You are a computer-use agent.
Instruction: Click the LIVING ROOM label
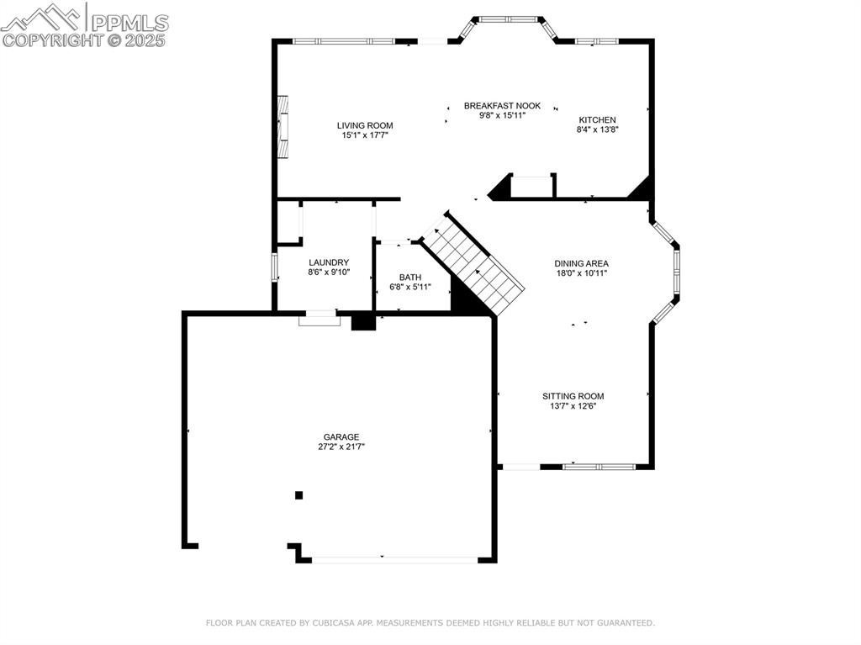(x=365, y=125)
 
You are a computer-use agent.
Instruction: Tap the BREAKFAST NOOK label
(x=502, y=106)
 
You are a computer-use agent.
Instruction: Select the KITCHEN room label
(x=597, y=120)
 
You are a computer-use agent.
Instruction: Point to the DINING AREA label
(x=581, y=263)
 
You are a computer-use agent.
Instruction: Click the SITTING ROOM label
(x=573, y=396)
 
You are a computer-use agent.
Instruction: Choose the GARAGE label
(x=341, y=436)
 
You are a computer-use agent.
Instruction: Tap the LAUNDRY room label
(x=329, y=262)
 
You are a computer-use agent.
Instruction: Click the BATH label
(x=410, y=277)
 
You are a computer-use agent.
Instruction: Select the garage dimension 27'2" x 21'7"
(x=341, y=447)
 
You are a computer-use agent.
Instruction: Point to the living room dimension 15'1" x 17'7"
(x=365, y=135)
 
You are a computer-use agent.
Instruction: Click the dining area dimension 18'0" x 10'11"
(x=581, y=273)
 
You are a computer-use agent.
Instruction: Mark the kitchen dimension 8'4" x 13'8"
(x=597, y=130)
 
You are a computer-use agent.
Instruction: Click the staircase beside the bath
(x=474, y=264)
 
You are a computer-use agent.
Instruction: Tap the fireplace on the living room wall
(x=284, y=126)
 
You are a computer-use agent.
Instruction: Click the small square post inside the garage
(x=298, y=495)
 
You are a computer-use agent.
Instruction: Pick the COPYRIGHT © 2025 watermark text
(x=84, y=40)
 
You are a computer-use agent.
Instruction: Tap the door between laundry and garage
(x=320, y=316)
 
